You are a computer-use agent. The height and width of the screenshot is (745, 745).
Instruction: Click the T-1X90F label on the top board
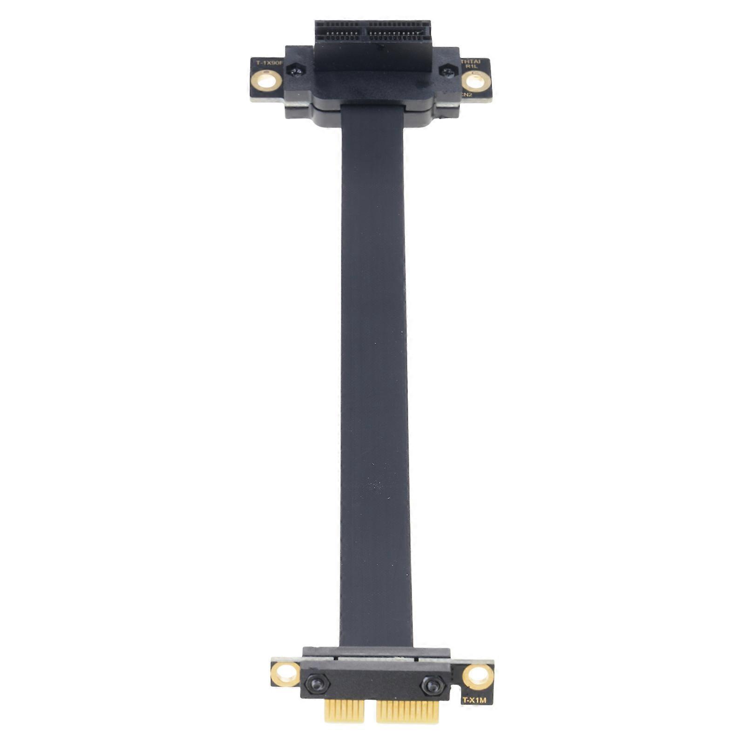click(x=266, y=62)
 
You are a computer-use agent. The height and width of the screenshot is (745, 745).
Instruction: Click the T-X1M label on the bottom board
click(x=474, y=700)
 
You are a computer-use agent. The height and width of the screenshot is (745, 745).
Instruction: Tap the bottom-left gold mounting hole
click(x=285, y=674)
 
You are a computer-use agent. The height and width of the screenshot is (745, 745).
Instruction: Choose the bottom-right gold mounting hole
click(x=478, y=677)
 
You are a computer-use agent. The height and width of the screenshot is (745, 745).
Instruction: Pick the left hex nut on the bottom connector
click(x=318, y=684)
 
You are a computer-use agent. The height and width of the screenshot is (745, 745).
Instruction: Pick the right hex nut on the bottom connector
click(x=433, y=685)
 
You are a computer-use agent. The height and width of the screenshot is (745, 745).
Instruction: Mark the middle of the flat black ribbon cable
click(x=374, y=372)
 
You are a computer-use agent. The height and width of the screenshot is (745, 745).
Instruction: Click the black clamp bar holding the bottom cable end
click(x=376, y=653)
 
